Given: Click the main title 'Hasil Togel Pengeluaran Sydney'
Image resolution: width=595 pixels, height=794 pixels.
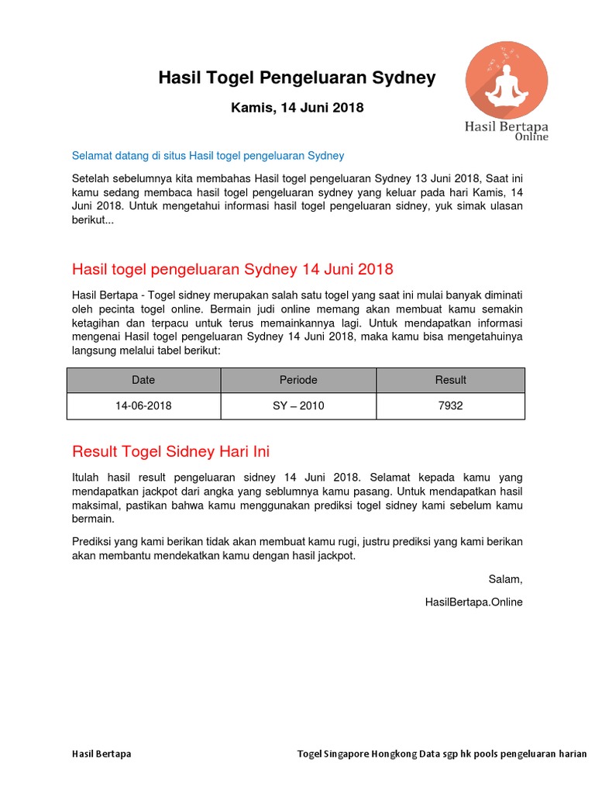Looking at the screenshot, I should (297, 78).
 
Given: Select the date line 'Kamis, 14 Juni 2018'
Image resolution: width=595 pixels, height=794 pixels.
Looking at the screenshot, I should (297, 108).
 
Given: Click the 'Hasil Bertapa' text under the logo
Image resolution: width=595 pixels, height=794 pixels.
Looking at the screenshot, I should (506, 126).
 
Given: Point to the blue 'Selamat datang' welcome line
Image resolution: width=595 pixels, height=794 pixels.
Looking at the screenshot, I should (208, 156).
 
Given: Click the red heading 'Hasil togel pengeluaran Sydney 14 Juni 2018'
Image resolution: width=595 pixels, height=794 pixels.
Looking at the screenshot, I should (232, 270).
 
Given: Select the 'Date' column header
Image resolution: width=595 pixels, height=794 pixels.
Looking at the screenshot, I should (143, 380).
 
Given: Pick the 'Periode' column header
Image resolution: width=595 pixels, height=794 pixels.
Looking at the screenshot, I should (298, 380).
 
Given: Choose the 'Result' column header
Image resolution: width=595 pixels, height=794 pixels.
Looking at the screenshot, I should (450, 380).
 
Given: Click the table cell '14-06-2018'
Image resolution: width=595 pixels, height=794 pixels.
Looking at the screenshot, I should (143, 406).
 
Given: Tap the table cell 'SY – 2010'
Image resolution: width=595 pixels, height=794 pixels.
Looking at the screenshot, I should (298, 406).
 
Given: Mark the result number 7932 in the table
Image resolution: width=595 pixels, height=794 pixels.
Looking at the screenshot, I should (450, 406).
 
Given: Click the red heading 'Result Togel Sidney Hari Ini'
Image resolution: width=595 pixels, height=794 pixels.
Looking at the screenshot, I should (170, 451).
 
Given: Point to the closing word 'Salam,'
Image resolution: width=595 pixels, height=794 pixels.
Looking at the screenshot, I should (505, 579).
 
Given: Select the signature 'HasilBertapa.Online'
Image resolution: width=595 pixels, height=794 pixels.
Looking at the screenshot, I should (474, 602).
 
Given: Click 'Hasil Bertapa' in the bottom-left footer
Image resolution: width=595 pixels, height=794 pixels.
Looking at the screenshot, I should (101, 754).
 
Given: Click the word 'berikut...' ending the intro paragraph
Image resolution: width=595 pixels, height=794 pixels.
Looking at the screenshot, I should (92, 220).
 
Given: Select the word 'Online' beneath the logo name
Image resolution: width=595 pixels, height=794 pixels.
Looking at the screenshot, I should (531, 137).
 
